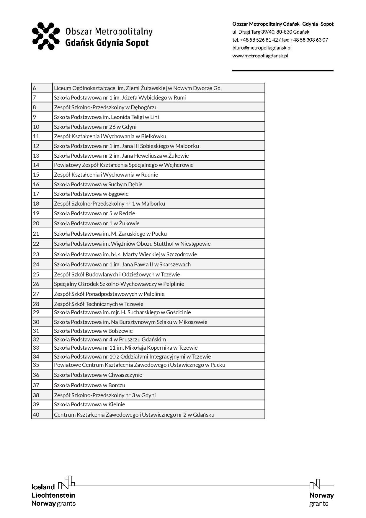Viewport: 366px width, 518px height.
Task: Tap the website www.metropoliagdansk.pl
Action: click(x=260, y=56)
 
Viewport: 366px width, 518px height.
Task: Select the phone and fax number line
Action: click(x=280, y=40)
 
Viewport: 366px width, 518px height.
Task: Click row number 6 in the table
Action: click(x=35, y=88)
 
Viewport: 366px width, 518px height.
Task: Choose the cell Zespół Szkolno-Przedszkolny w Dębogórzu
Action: click(x=106, y=107)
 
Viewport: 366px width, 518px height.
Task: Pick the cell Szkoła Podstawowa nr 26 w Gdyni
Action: click(x=95, y=127)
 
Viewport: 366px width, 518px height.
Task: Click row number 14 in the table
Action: click(x=36, y=165)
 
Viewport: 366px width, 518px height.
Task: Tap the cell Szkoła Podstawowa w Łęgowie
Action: click(x=91, y=194)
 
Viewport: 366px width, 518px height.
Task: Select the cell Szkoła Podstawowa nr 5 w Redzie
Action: click(x=94, y=213)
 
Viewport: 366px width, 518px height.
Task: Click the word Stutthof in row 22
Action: click(x=168, y=244)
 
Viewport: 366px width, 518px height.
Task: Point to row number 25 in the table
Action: click(x=36, y=274)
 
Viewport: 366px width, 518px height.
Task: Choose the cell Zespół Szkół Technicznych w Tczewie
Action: click(x=99, y=304)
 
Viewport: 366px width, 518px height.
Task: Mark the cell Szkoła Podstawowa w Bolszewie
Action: click(x=93, y=331)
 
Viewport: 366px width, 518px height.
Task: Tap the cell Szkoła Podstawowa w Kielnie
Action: click(x=89, y=404)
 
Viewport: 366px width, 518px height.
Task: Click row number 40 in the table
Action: click(x=36, y=415)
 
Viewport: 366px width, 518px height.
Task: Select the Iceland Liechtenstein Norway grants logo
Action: click(x=53, y=492)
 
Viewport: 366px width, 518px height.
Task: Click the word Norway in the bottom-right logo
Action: click(x=321, y=495)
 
